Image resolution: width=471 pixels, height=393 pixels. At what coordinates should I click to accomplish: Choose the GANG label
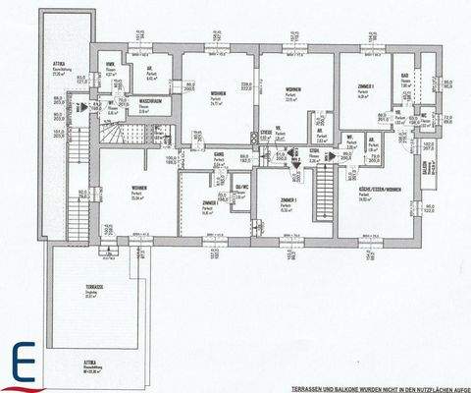click(x=220, y=155)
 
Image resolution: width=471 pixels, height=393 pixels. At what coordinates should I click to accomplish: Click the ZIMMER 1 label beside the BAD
click(x=361, y=89)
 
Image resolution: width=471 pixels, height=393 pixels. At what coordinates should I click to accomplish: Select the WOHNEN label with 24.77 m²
click(x=218, y=94)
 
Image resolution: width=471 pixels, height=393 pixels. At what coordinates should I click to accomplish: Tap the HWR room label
click(x=111, y=68)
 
